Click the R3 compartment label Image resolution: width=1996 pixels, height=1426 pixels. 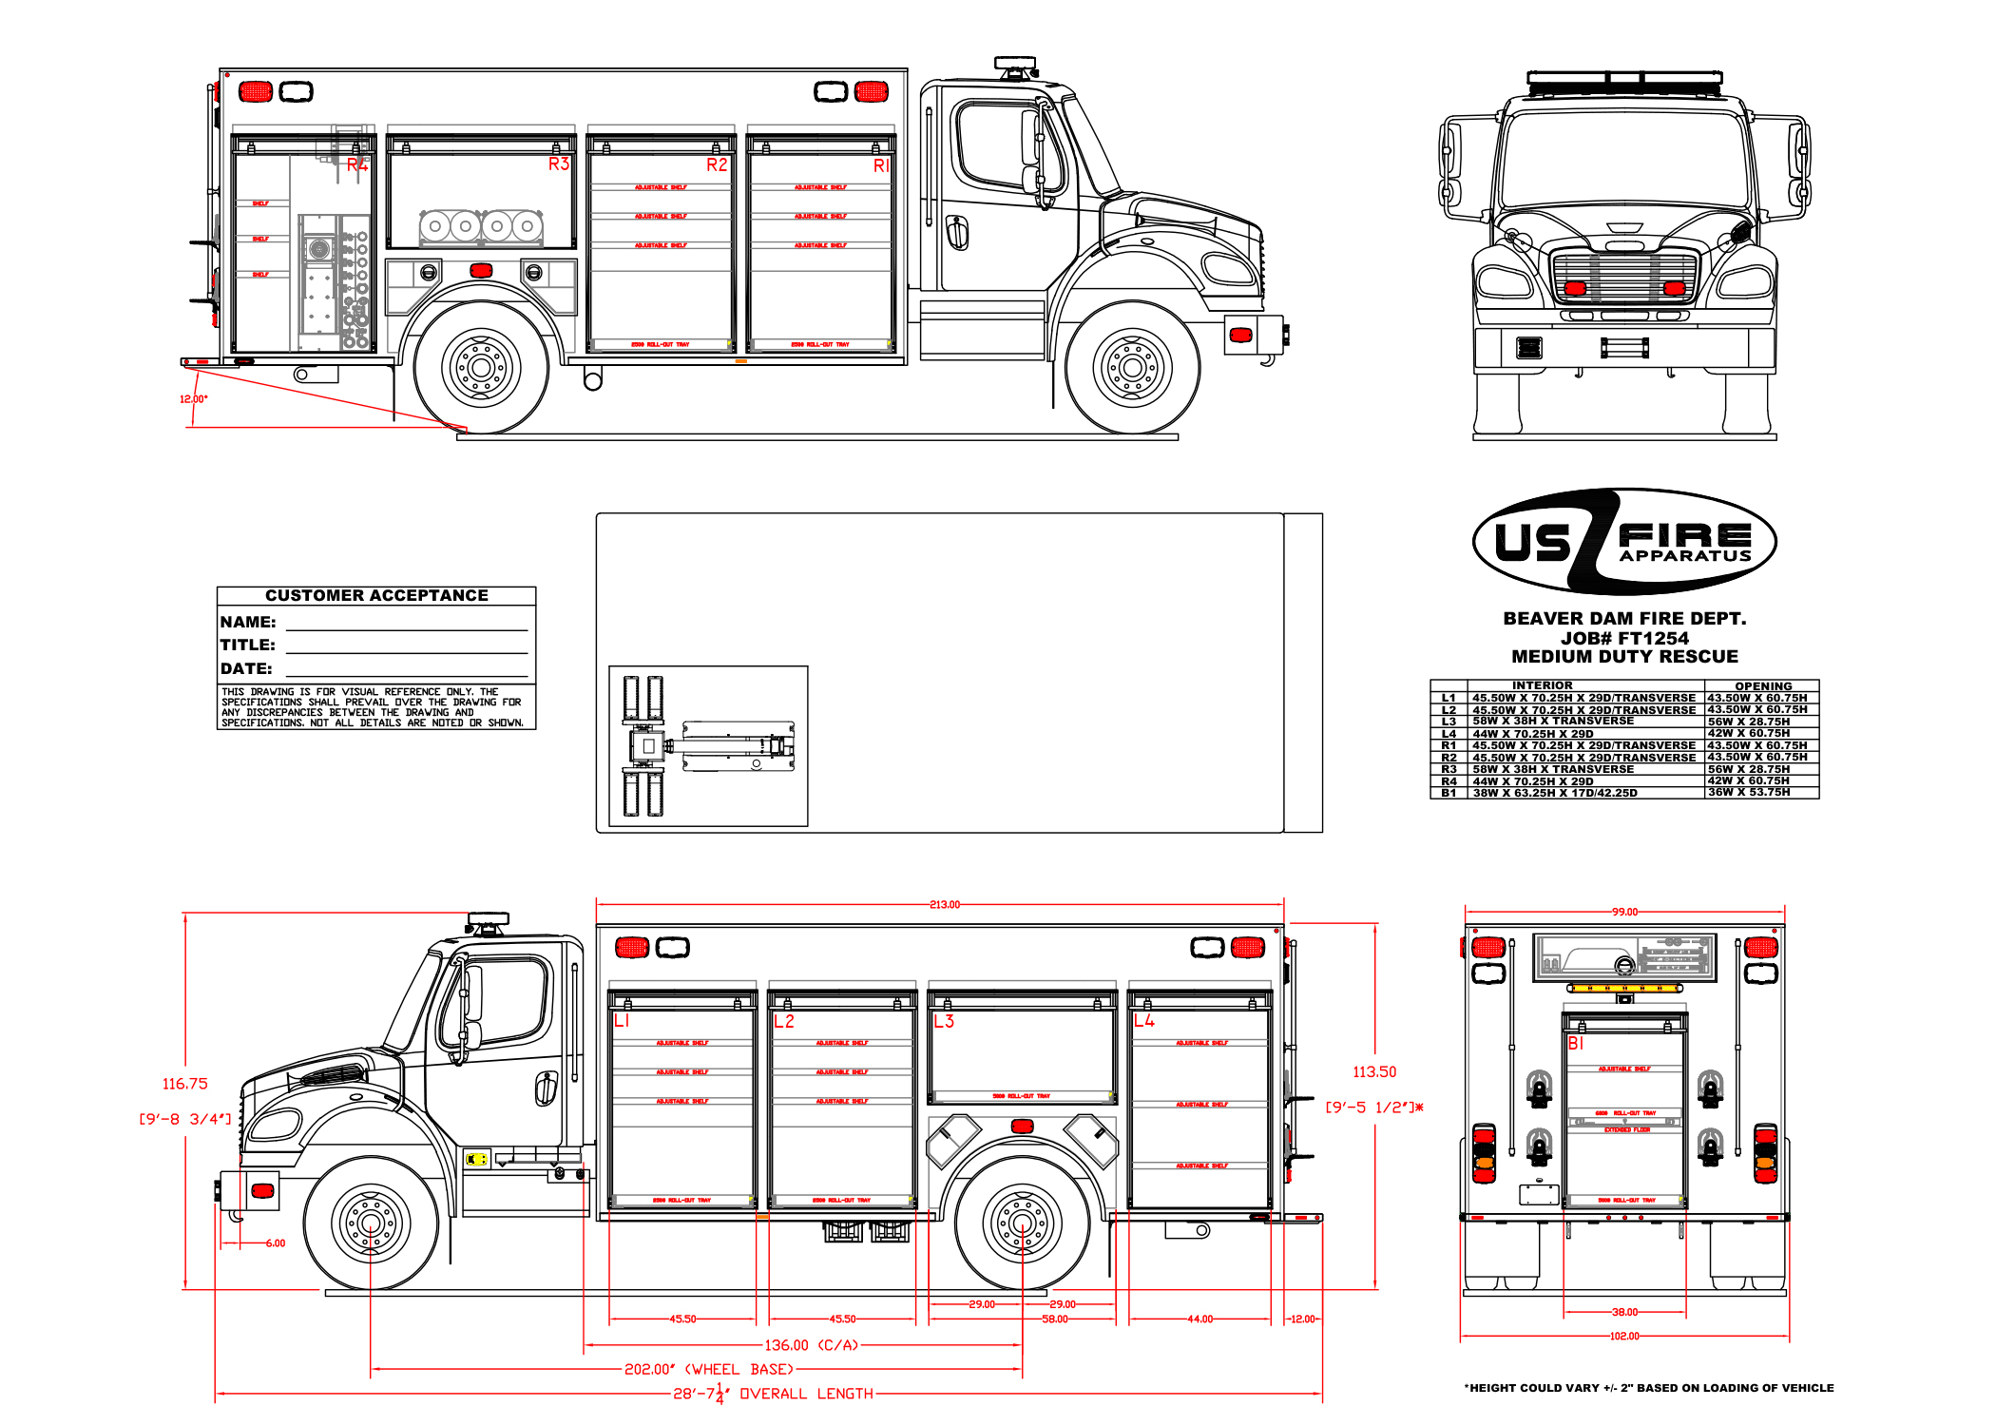pyautogui.click(x=558, y=164)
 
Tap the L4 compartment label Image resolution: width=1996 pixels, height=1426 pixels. pyautogui.click(x=1143, y=1020)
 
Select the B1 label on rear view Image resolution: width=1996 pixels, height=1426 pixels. pyautogui.click(x=1576, y=1043)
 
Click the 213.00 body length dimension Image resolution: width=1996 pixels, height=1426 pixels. pyautogui.click(x=944, y=904)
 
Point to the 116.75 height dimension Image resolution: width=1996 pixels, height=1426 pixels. pyautogui.click(x=184, y=1084)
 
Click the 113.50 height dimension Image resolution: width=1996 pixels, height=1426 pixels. pyautogui.click(x=1374, y=1071)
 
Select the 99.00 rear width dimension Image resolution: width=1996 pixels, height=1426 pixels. pyautogui.click(x=1624, y=912)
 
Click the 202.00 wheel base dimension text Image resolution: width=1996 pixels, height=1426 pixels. pyautogui.click(x=708, y=1369)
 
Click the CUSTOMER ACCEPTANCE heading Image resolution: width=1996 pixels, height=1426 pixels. pyautogui.click(x=376, y=595)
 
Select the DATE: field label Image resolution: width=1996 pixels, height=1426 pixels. pyautogui.click(x=246, y=668)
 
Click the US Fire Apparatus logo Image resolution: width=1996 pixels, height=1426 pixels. pyautogui.click(x=1624, y=542)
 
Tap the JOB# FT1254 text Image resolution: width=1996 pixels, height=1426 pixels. pyautogui.click(x=1624, y=638)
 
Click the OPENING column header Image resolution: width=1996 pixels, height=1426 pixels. pyautogui.click(x=1763, y=686)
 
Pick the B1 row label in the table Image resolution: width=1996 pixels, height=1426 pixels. pyautogui.click(x=1449, y=793)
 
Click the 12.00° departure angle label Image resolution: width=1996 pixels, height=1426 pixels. pyautogui.click(x=193, y=398)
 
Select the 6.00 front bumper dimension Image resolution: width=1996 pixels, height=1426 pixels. pyautogui.click(x=275, y=1243)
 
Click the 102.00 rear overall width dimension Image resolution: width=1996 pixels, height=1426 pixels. pyautogui.click(x=1624, y=1336)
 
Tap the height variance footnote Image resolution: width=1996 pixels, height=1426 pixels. pyautogui.click(x=1649, y=1388)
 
